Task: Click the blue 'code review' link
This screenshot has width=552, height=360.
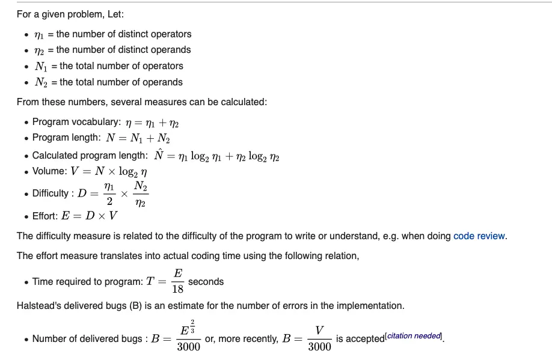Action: (x=479, y=236)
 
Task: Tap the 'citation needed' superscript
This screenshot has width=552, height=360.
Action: (x=414, y=336)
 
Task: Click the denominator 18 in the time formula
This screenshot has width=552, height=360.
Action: (x=178, y=289)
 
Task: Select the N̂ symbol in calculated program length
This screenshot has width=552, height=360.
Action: (x=158, y=155)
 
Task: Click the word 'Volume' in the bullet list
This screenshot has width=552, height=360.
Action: (x=49, y=171)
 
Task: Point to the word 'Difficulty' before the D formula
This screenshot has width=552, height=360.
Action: (x=51, y=193)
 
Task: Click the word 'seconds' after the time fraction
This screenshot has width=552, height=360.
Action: (x=206, y=281)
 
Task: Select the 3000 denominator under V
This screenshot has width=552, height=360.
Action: (x=319, y=347)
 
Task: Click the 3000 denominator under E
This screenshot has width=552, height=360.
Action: (x=188, y=347)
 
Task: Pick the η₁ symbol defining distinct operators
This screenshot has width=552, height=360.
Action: (x=39, y=34)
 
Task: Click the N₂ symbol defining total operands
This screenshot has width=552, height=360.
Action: (x=41, y=82)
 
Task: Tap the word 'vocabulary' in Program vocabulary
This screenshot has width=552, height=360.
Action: (x=94, y=122)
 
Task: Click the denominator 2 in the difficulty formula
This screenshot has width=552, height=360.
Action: (x=109, y=201)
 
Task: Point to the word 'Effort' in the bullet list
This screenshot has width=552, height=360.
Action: (x=44, y=216)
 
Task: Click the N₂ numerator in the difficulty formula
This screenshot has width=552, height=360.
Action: (x=141, y=187)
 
